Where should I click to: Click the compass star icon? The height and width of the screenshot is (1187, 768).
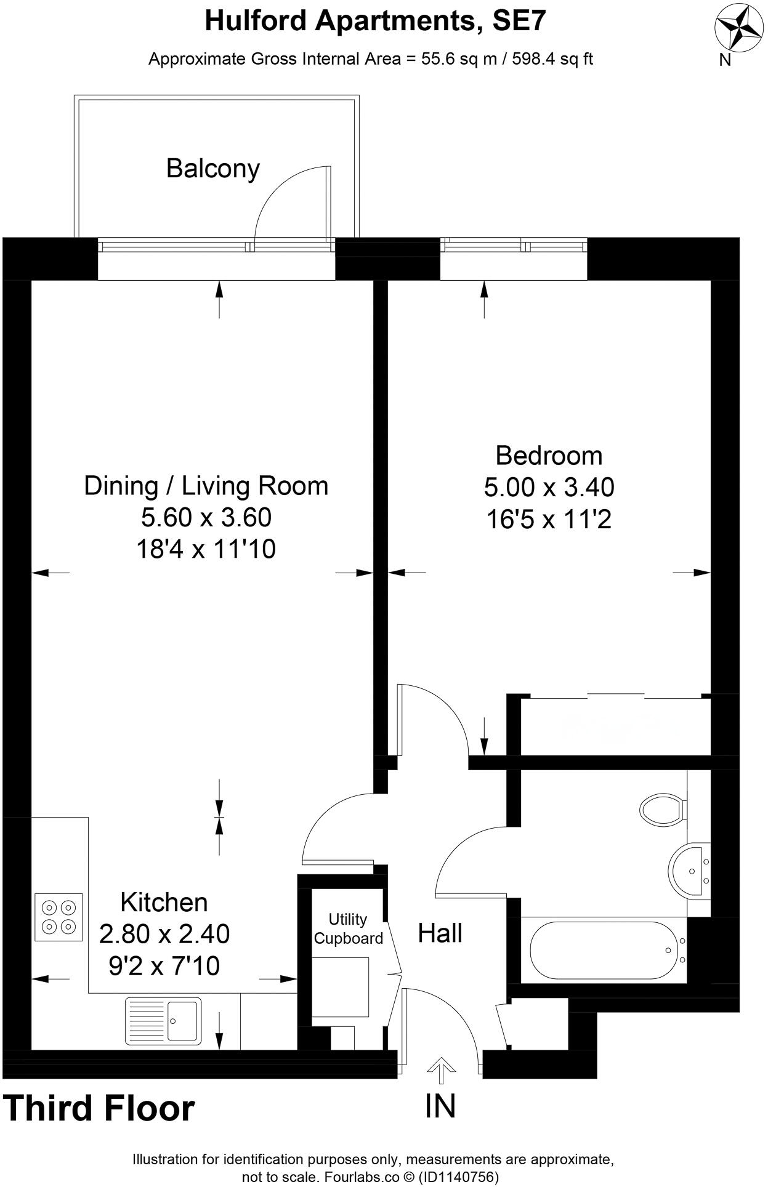click(x=738, y=28)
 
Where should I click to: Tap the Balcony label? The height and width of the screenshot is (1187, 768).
click(x=213, y=168)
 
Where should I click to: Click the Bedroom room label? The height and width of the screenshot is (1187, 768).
click(x=549, y=456)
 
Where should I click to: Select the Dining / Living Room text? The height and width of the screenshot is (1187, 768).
click(x=206, y=486)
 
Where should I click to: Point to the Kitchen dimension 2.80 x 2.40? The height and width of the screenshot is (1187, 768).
click(x=164, y=934)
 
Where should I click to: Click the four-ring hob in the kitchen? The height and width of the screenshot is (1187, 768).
click(x=59, y=917)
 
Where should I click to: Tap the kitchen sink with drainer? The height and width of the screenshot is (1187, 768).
click(x=163, y=1021)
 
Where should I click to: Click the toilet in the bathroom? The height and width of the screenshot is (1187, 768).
click(x=663, y=808)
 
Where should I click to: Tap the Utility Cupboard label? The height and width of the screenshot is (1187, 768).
click(x=348, y=928)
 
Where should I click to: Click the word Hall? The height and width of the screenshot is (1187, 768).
click(x=440, y=933)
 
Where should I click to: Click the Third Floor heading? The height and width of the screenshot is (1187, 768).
click(x=99, y=1108)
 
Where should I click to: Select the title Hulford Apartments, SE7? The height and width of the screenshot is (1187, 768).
click(x=375, y=22)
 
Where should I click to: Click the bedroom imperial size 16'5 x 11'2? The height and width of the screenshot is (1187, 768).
click(x=549, y=520)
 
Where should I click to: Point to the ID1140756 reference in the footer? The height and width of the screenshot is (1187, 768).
click(x=458, y=1177)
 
